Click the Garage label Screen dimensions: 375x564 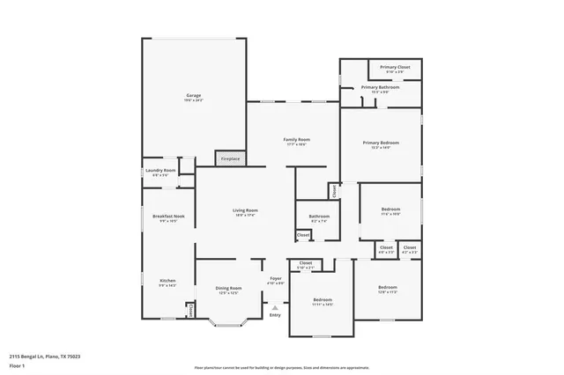point(193,95)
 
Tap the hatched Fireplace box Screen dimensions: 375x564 point(230,158)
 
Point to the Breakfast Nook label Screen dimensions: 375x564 point(167,217)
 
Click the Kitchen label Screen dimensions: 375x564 point(167,282)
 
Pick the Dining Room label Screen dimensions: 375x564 point(228,289)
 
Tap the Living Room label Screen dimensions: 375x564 point(245,210)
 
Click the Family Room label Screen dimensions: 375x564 point(296,140)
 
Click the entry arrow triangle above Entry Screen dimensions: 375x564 point(275,307)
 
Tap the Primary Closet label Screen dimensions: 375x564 point(395,68)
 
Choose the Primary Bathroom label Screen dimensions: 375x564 point(381,87)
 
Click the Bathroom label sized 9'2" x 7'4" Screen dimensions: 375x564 point(319,217)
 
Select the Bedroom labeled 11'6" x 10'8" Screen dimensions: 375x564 point(390,210)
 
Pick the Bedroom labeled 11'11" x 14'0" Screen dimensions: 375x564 point(322,300)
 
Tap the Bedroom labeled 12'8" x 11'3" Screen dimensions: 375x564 point(388,288)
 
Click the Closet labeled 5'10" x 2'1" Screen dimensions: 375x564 point(306,264)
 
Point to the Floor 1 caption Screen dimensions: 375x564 point(17,364)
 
